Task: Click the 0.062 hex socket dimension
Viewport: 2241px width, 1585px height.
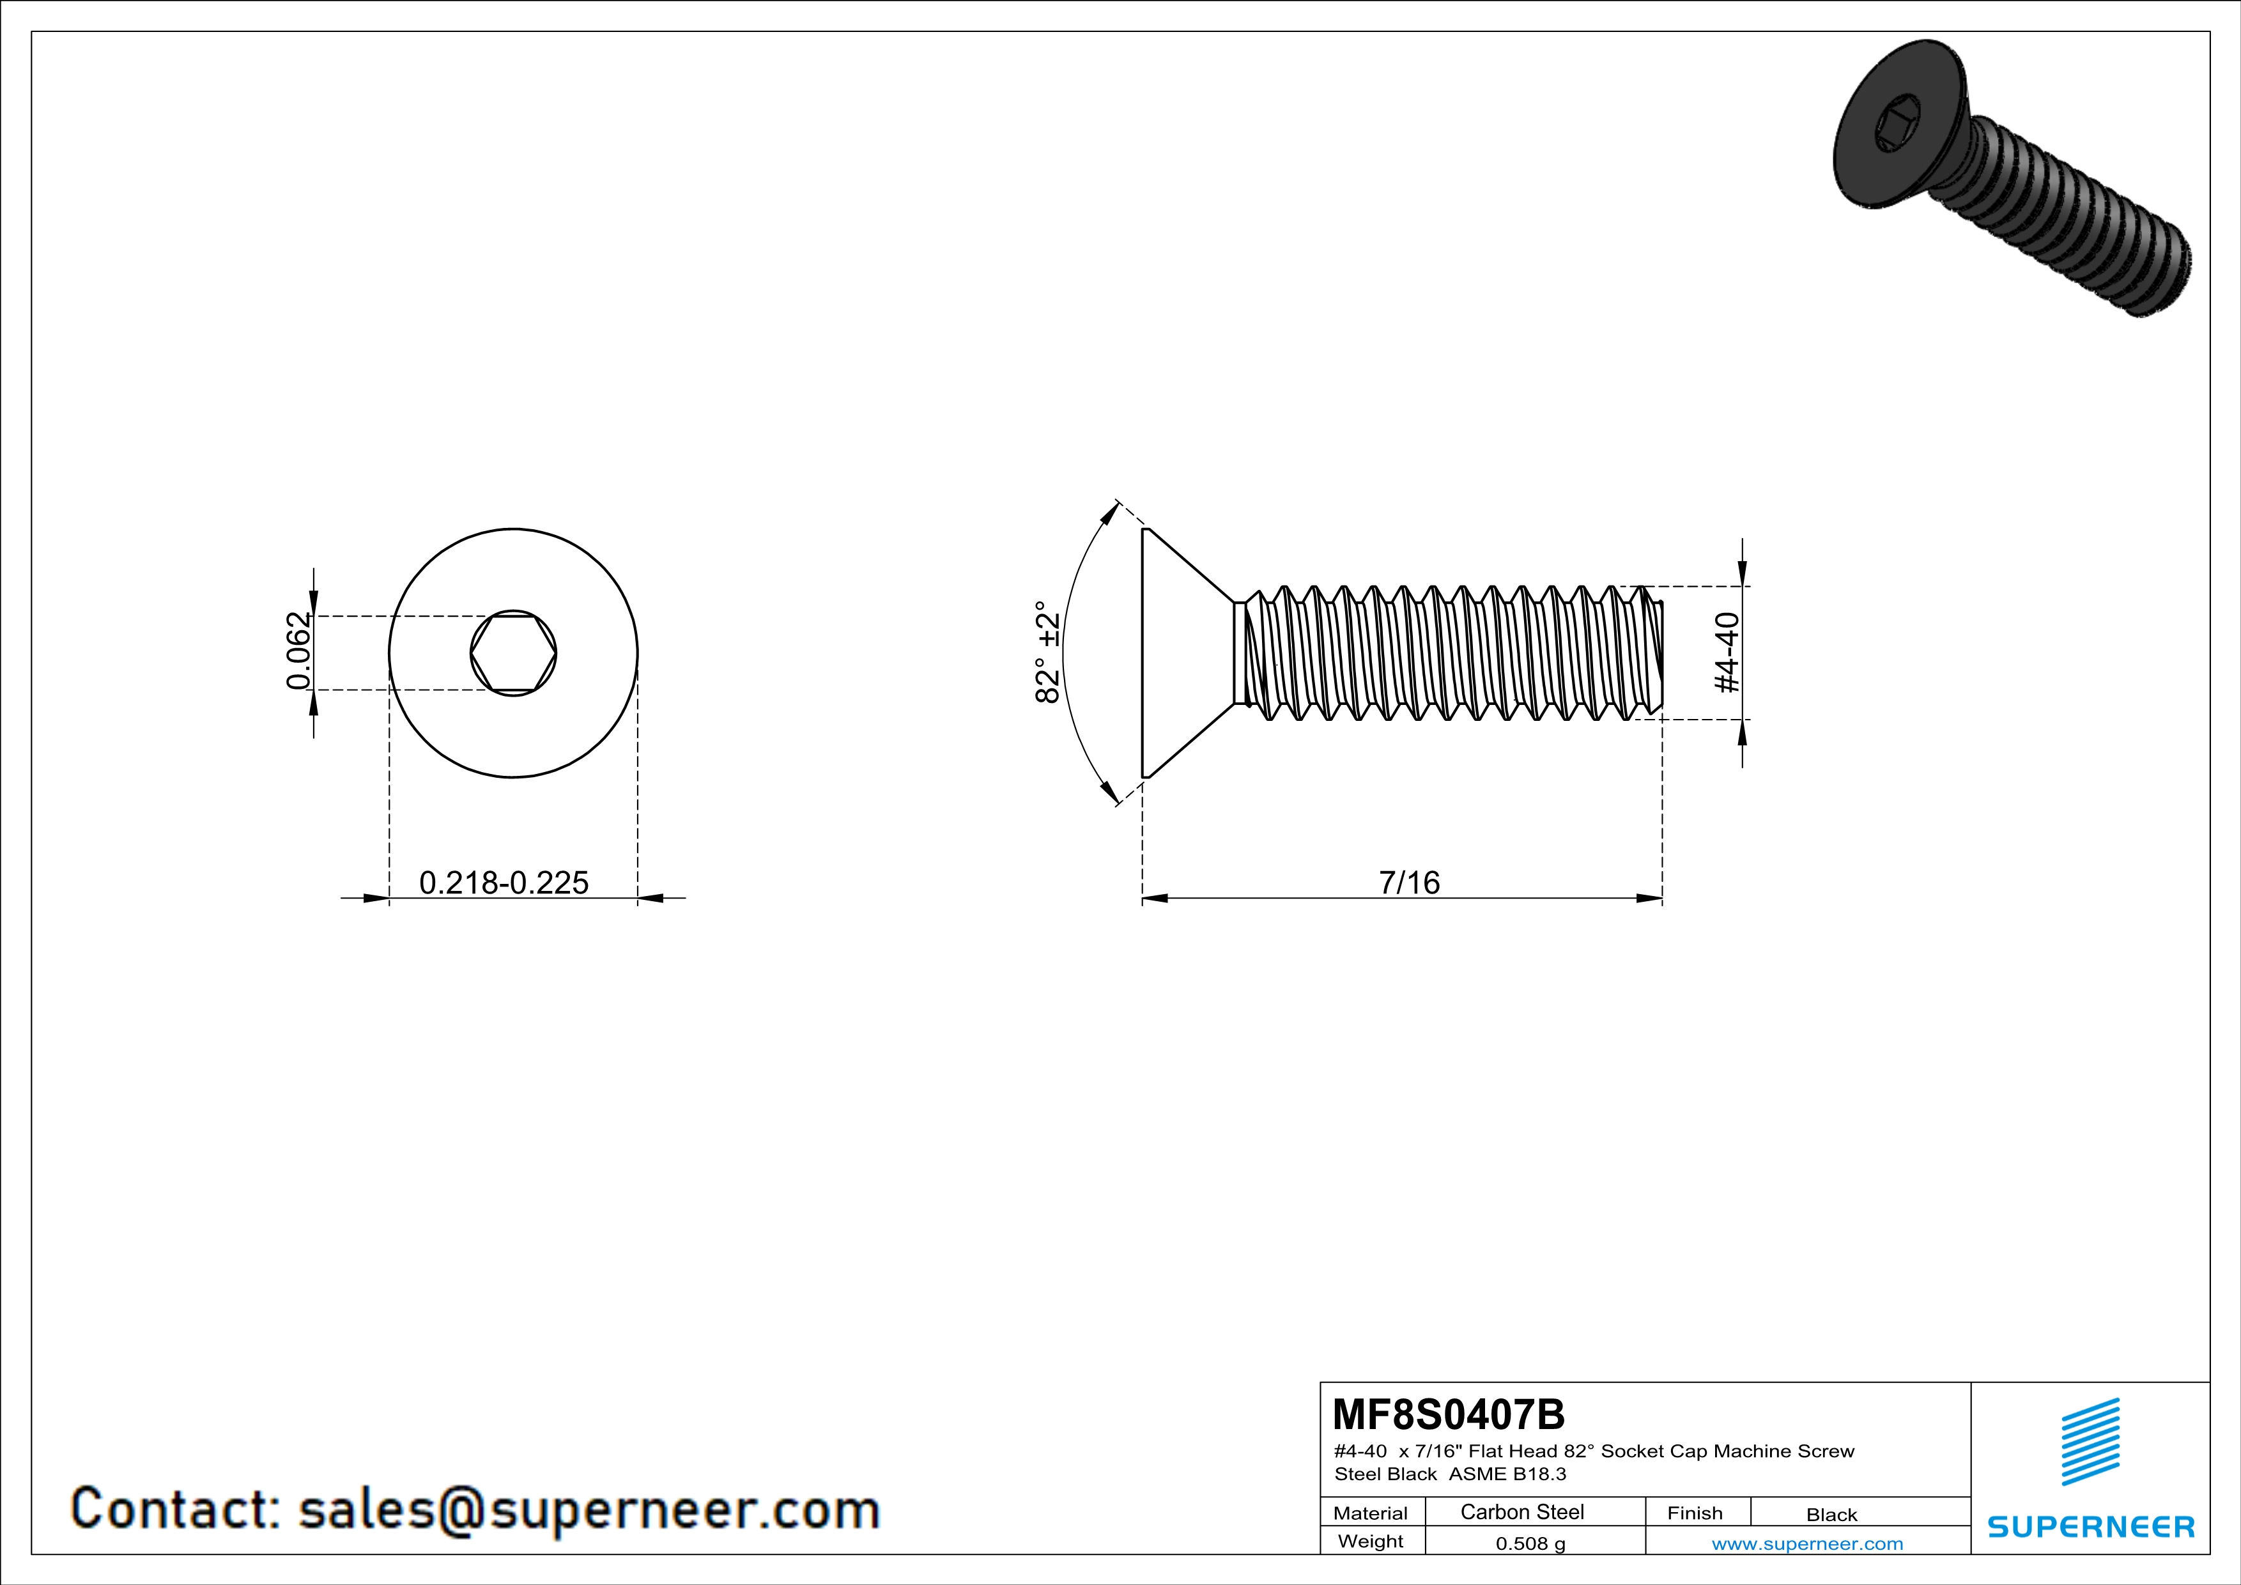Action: [298, 651]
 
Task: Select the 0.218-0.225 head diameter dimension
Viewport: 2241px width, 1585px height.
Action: [504, 882]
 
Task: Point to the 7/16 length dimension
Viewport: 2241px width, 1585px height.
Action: [1408, 882]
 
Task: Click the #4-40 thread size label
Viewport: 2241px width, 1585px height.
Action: [1727, 652]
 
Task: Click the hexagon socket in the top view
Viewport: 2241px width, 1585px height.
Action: [513, 653]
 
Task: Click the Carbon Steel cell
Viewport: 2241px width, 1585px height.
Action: [1521, 1512]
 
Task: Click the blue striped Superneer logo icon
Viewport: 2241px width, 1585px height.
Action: [2090, 1441]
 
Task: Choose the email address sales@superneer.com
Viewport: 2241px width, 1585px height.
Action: [589, 1509]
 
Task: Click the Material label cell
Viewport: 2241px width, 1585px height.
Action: [1371, 1513]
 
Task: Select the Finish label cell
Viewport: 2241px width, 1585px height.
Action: [1695, 1513]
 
